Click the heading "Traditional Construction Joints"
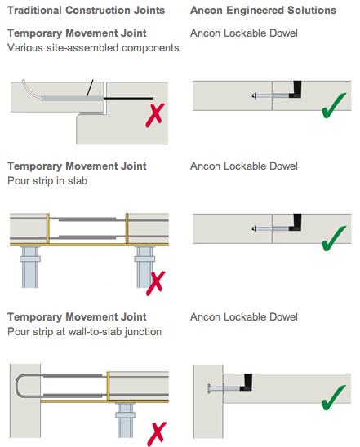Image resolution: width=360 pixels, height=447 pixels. pos(87,11)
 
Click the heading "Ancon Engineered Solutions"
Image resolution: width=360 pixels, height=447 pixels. pos(263,11)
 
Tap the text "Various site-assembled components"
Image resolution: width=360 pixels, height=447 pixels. pos(93,47)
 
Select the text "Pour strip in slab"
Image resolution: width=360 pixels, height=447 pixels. pos(47,181)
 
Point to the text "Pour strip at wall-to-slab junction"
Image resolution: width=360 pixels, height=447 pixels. pos(84,331)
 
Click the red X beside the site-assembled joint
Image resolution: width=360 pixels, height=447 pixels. pos(155,115)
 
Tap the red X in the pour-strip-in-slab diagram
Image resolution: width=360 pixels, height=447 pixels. pos(155,283)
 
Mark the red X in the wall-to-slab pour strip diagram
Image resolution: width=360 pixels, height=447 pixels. pos(157,434)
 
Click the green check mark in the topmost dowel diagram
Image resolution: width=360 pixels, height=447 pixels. pos(333,105)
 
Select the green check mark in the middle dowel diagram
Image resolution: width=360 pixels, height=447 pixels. pos(333,239)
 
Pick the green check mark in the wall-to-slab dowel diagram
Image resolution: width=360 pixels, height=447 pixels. pos(333,398)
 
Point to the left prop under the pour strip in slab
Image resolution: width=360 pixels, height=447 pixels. pos(30,267)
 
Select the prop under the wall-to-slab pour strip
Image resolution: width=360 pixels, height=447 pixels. pos(125,420)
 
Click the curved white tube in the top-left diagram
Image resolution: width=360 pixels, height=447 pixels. pos(32,91)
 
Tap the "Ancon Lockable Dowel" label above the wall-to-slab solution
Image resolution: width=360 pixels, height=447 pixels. pos(244,317)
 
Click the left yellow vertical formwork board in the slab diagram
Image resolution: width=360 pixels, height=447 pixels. pos(48,228)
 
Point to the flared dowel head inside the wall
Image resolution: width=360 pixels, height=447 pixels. pos(209,389)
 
